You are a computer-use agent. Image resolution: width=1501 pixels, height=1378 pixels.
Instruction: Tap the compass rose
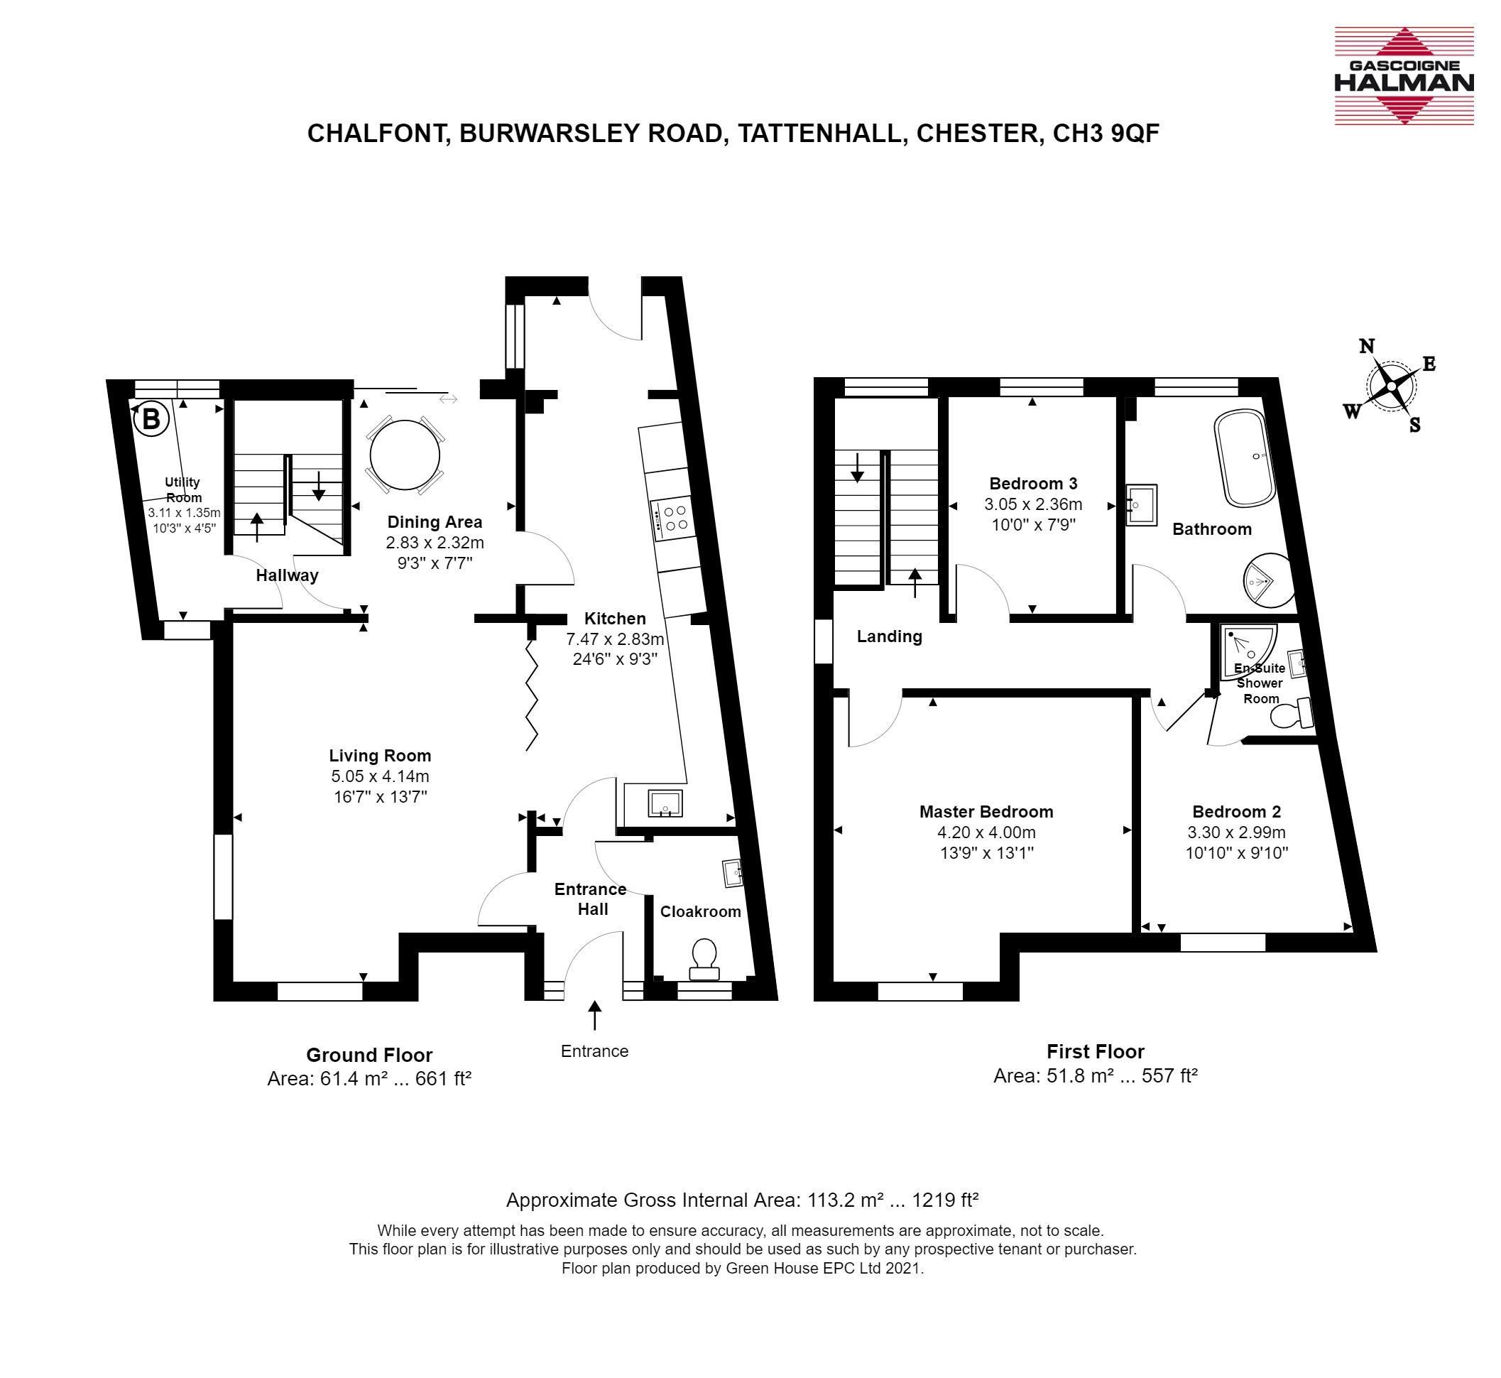pos(1391,386)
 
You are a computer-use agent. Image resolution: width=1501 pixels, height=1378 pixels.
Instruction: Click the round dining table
pos(405,454)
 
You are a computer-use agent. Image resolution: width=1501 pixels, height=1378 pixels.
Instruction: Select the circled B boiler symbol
pos(151,418)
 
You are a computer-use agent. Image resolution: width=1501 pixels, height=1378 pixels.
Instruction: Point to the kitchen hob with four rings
pos(672,519)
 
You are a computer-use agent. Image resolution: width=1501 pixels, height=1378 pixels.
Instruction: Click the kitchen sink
pos(665,803)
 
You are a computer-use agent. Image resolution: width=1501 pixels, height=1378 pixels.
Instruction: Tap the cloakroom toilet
pos(704,959)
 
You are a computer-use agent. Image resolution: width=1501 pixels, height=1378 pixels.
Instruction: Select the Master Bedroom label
pos(986,811)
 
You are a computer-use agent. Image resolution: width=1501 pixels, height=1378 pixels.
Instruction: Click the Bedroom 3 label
pos(1033,483)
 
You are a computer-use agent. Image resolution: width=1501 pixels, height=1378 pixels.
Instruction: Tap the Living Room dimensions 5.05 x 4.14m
pos(380,776)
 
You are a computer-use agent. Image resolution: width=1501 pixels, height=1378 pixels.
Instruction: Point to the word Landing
pos(889,636)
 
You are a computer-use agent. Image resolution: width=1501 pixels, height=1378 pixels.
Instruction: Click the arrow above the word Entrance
pos(595,1015)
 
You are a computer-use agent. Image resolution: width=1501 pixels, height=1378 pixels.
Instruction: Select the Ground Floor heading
pos(369,1055)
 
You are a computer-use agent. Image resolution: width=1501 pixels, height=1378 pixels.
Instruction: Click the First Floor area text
pos(1095,1076)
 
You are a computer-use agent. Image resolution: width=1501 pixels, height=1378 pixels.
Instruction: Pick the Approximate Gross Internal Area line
pos(742,1200)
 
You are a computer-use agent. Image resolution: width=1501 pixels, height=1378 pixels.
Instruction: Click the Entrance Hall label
pos(591,899)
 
